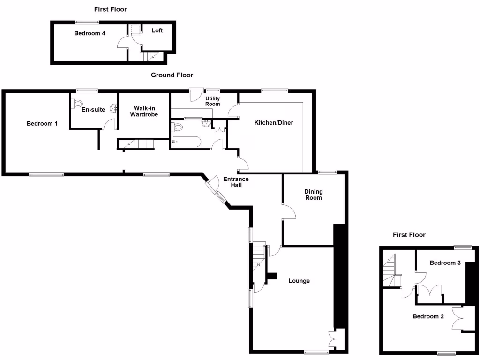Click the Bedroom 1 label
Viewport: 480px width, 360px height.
[42, 124]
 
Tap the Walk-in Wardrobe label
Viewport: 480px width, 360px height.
[144, 111]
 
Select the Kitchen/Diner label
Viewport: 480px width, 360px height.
[273, 123]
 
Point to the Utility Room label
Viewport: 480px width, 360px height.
[212, 101]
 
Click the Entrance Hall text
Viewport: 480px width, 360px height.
[235, 182]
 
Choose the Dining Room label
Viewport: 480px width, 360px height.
[313, 195]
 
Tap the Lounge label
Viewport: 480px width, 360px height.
[299, 281]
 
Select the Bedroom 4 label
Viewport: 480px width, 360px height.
[89, 33]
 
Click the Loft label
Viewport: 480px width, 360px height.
[157, 30]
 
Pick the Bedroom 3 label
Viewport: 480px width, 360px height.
[445, 263]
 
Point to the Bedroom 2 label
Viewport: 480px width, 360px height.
[428, 316]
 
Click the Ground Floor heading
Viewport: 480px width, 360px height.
[172, 75]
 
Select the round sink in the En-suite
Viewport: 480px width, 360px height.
[113, 109]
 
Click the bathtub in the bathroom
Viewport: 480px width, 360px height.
[187, 142]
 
